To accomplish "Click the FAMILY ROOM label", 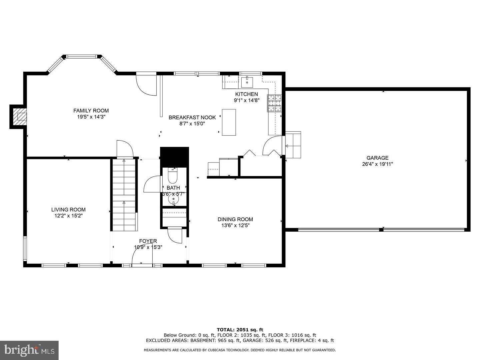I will [91, 111].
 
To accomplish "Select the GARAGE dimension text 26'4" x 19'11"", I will [377, 164].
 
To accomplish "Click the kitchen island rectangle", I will [229, 122].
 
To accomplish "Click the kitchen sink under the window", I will [247, 81].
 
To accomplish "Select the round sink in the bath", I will [173, 199].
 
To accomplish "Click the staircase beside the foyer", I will [124, 195].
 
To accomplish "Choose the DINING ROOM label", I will [235, 219].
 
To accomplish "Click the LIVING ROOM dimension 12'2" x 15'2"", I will [68, 216].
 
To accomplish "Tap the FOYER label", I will [148, 241].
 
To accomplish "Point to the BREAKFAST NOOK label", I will [192, 117].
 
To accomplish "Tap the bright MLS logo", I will [29, 350].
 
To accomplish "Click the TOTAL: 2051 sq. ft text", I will [240, 330].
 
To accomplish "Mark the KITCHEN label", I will [246, 94].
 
